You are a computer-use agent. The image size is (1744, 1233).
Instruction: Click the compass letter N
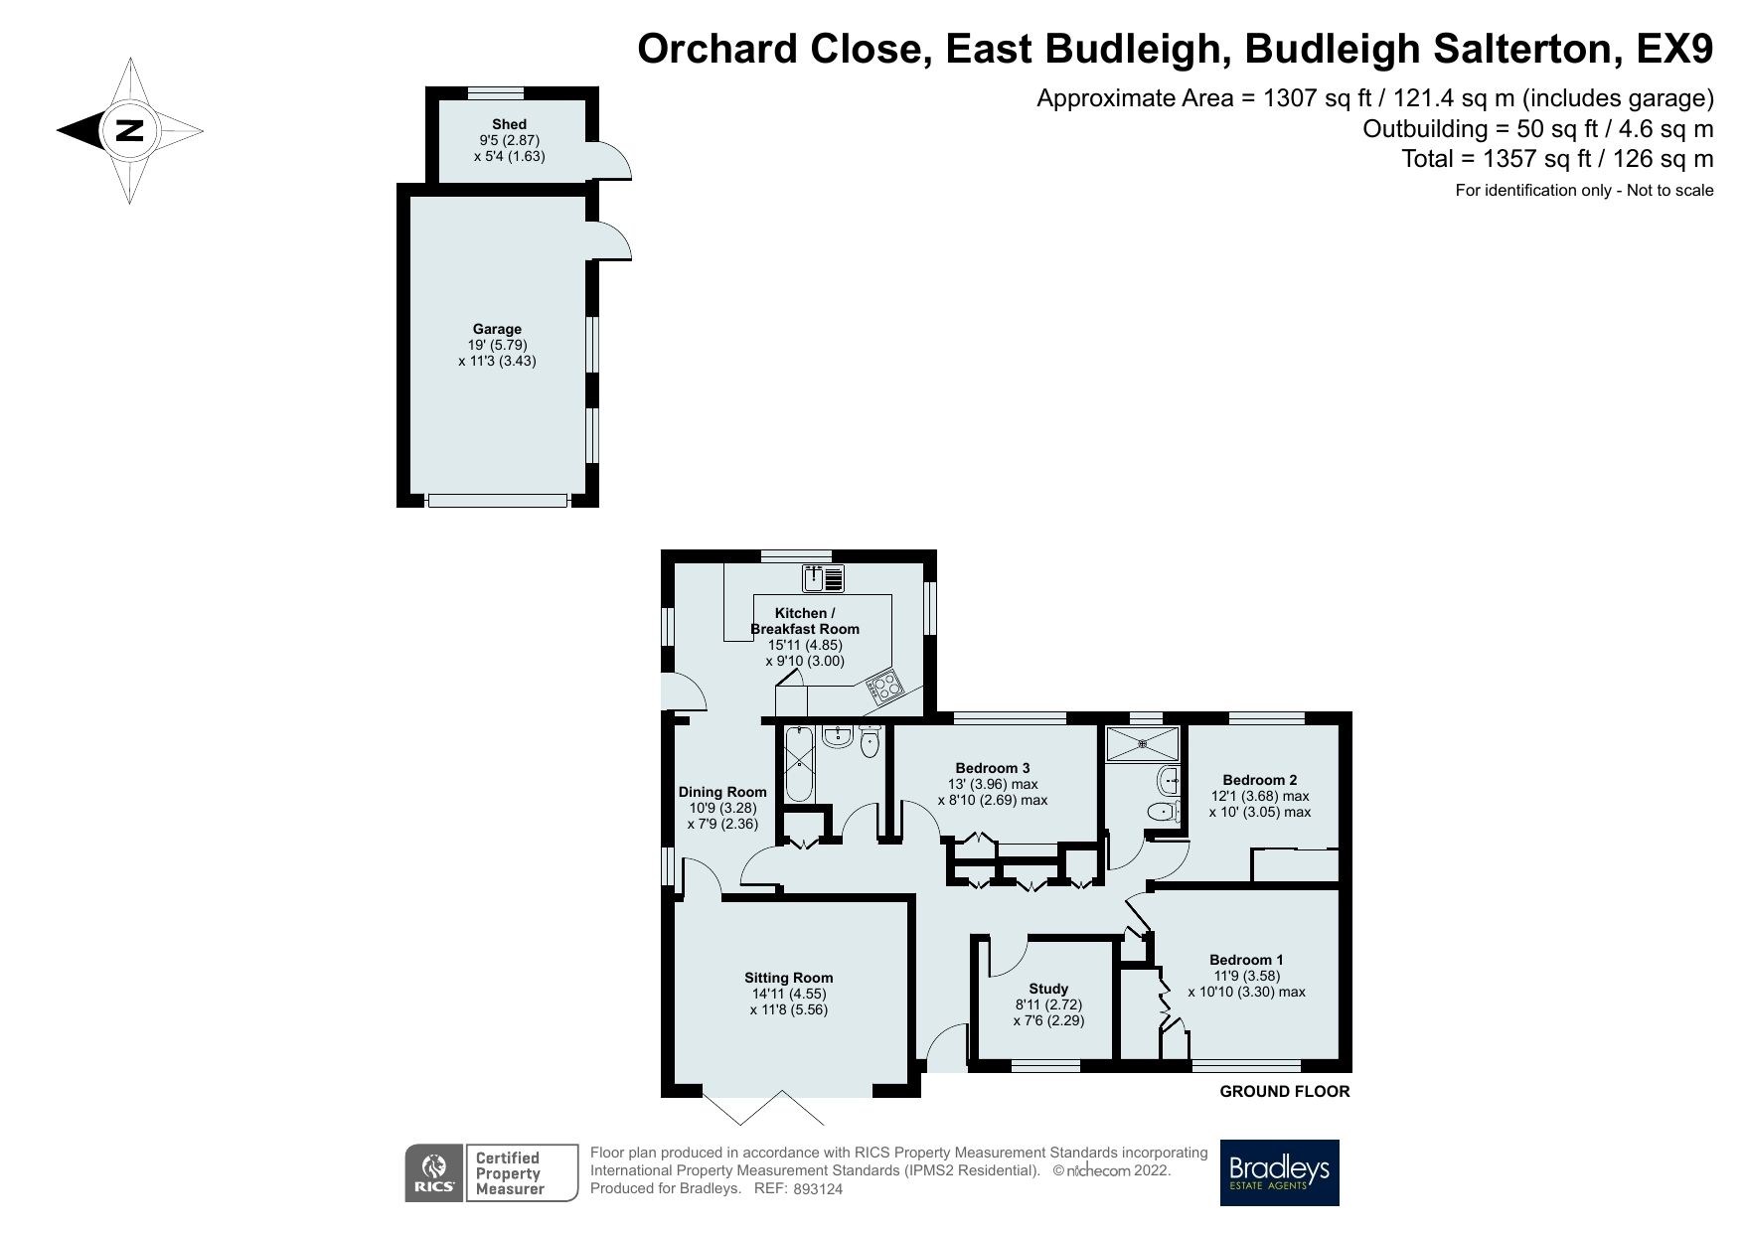[130, 130]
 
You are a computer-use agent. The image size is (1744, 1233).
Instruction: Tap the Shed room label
[509, 124]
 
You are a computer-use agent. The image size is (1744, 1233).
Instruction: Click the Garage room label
[497, 329]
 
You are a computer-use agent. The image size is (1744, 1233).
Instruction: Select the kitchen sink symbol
[823, 577]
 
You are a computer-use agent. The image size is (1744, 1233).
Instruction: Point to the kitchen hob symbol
[883, 686]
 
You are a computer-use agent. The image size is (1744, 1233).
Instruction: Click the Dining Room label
[722, 792]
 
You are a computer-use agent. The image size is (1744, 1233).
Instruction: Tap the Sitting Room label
[789, 978]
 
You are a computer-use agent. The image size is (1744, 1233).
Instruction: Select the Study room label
[1048, 989]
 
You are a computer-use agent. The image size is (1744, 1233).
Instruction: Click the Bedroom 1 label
[1246, 960]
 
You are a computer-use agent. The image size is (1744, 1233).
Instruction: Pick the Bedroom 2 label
[1259, 780]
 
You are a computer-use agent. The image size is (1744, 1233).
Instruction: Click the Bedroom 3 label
[992, 768]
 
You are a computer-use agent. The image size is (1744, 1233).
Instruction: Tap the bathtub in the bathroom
[799, 766]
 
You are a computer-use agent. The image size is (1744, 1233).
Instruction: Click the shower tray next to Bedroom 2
[1144, 743]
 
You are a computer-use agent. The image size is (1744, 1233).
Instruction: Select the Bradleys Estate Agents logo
[1279, 1172]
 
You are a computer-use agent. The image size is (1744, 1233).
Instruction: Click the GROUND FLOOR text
[1284, 1092]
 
